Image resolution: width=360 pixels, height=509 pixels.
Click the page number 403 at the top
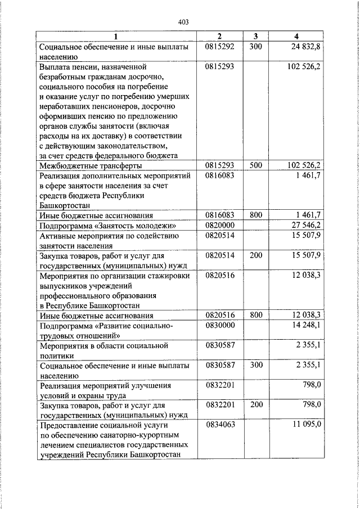click(x=183, y=22)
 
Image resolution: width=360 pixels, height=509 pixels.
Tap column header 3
click(x=255, y=37)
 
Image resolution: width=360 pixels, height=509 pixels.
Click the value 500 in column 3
click(x=255, y=165)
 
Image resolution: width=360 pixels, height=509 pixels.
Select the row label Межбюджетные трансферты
click(x=90, y=166)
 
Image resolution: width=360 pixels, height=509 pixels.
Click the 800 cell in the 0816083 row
click(x=255, y=215)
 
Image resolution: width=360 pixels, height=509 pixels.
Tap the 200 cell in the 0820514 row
click(x=255, y=255)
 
